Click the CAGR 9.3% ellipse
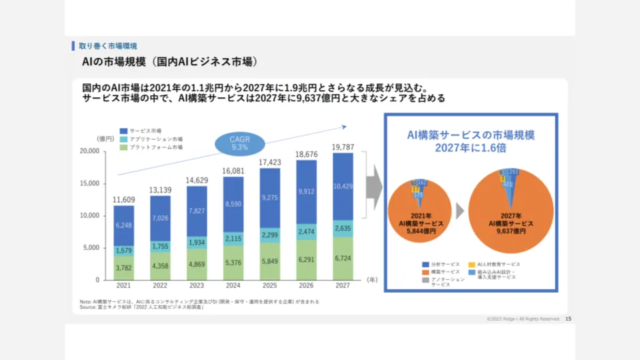(x=238, y=143)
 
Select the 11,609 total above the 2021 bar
(x=123, y=199)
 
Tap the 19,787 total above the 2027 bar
(x=343, y=147)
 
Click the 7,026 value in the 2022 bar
(x=160, y=219)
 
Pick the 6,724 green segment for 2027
(x=343, y=258)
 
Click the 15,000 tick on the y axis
(x=89, y=183)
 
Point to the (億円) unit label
(x=105, y=139)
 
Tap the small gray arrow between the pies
(x=461, y=213)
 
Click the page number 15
(x=568, y=319)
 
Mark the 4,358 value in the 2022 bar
(x=160, y=266)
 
